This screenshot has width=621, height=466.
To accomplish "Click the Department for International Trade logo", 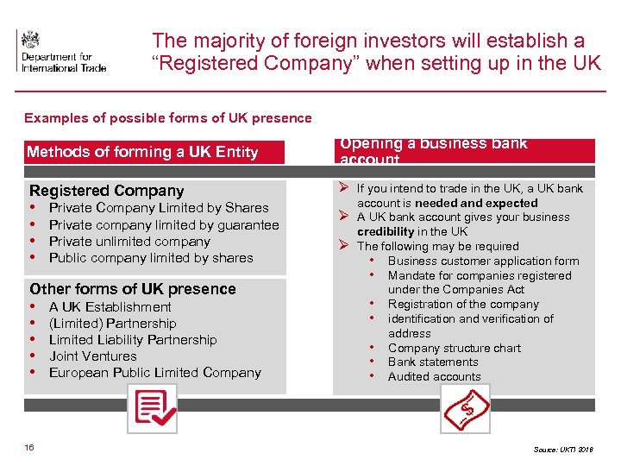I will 60,52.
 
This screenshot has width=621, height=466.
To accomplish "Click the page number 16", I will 29,447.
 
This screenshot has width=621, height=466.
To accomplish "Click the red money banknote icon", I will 465,409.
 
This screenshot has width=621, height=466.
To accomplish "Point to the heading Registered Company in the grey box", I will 107,191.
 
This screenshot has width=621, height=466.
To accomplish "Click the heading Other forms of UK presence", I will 133,289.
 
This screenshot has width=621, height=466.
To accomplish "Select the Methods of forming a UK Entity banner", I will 142,152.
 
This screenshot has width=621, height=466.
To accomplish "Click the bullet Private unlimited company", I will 129,242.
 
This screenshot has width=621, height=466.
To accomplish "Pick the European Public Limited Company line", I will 154,372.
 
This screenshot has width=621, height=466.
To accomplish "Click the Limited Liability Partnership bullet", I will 133,339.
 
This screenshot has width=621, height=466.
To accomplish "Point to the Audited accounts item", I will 434,376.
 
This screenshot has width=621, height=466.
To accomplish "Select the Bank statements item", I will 432,362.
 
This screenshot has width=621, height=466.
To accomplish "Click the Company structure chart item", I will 454,348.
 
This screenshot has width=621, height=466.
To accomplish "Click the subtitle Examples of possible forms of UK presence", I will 168,118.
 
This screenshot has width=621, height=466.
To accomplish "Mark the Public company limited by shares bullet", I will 151,258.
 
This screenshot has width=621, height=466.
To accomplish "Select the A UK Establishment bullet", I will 110,306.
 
